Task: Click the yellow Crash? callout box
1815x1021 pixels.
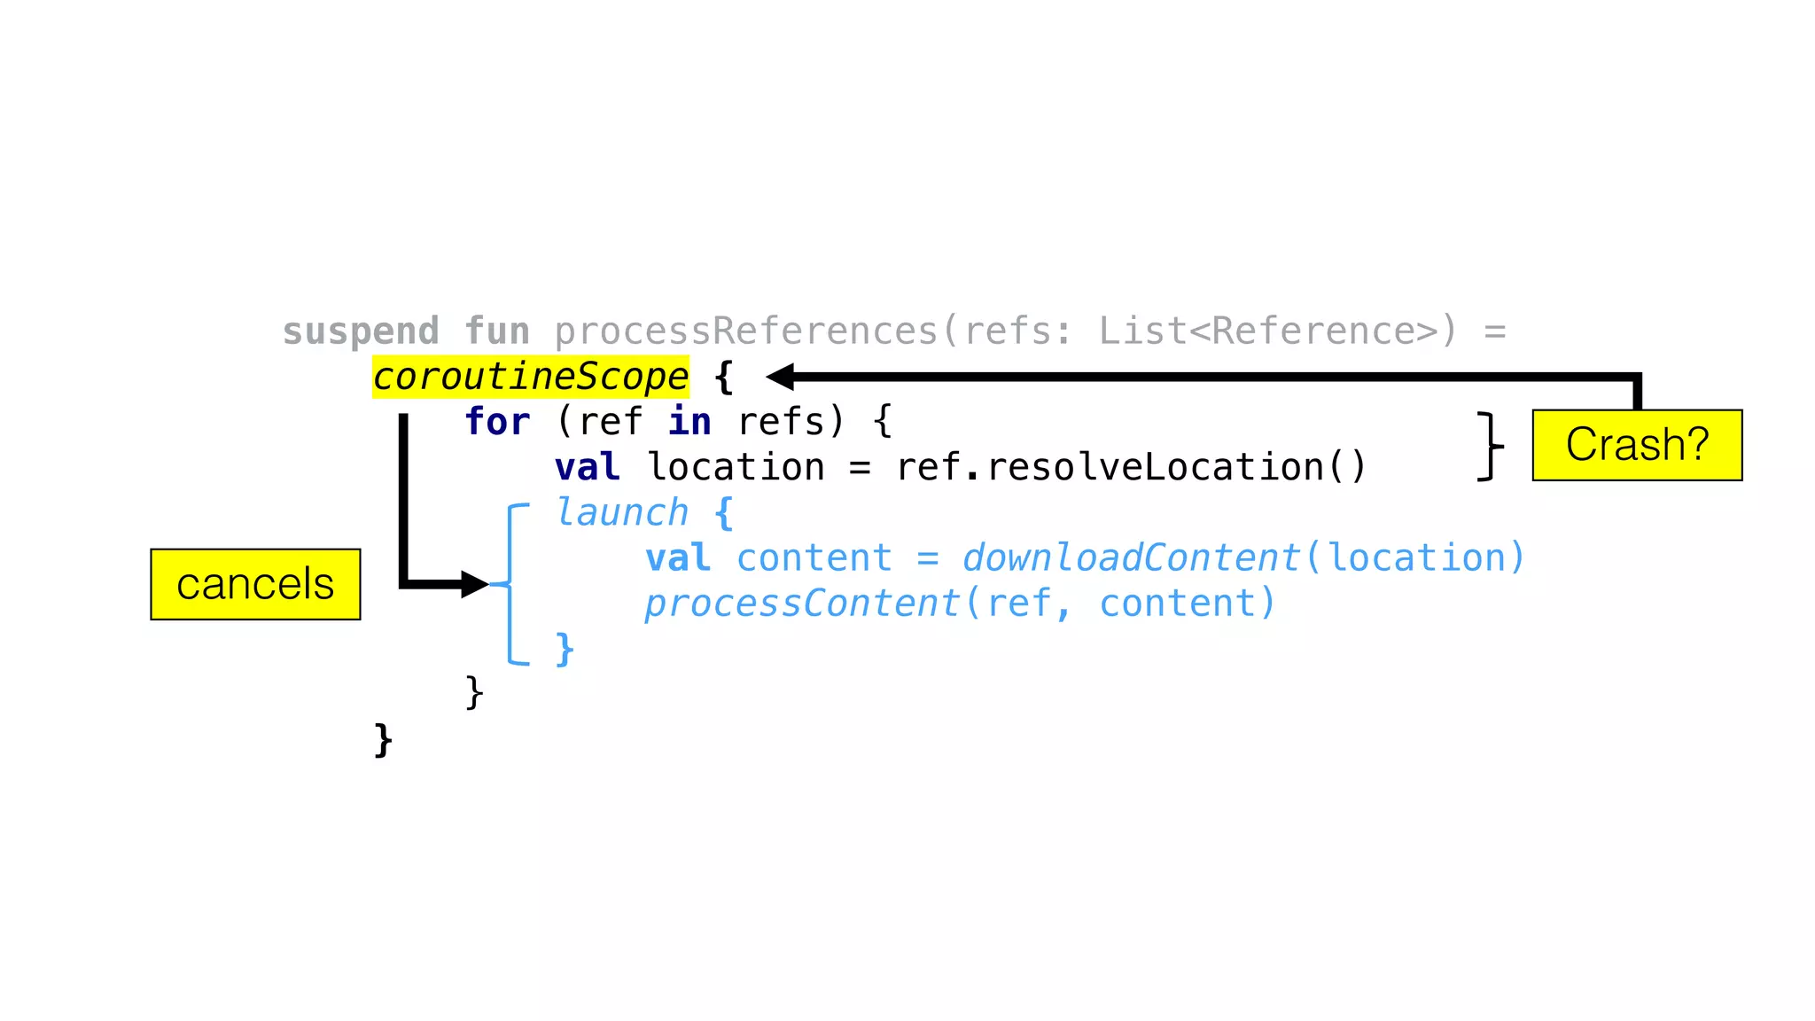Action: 1637,445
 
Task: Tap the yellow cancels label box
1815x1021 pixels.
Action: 255,584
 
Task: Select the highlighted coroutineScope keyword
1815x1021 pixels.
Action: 530,377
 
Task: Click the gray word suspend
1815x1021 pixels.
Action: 361,331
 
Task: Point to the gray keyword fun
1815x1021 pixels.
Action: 497,331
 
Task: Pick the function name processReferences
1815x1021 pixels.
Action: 746,331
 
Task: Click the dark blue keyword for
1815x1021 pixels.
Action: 497,422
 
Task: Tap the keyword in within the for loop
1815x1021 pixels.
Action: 689,422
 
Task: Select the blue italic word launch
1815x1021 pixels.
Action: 621,513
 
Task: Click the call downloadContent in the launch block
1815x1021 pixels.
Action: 1131,558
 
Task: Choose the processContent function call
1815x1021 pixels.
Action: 802,604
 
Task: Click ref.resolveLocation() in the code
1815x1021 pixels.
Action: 1132,467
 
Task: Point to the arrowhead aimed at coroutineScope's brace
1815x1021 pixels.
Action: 780,377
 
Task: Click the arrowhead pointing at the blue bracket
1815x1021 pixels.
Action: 475,584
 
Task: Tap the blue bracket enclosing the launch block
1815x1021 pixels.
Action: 511,584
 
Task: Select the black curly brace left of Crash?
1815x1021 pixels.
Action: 1491,446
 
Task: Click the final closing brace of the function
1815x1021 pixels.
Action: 383,740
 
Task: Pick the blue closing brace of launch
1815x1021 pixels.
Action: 565,649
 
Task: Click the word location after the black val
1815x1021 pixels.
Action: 736,467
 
